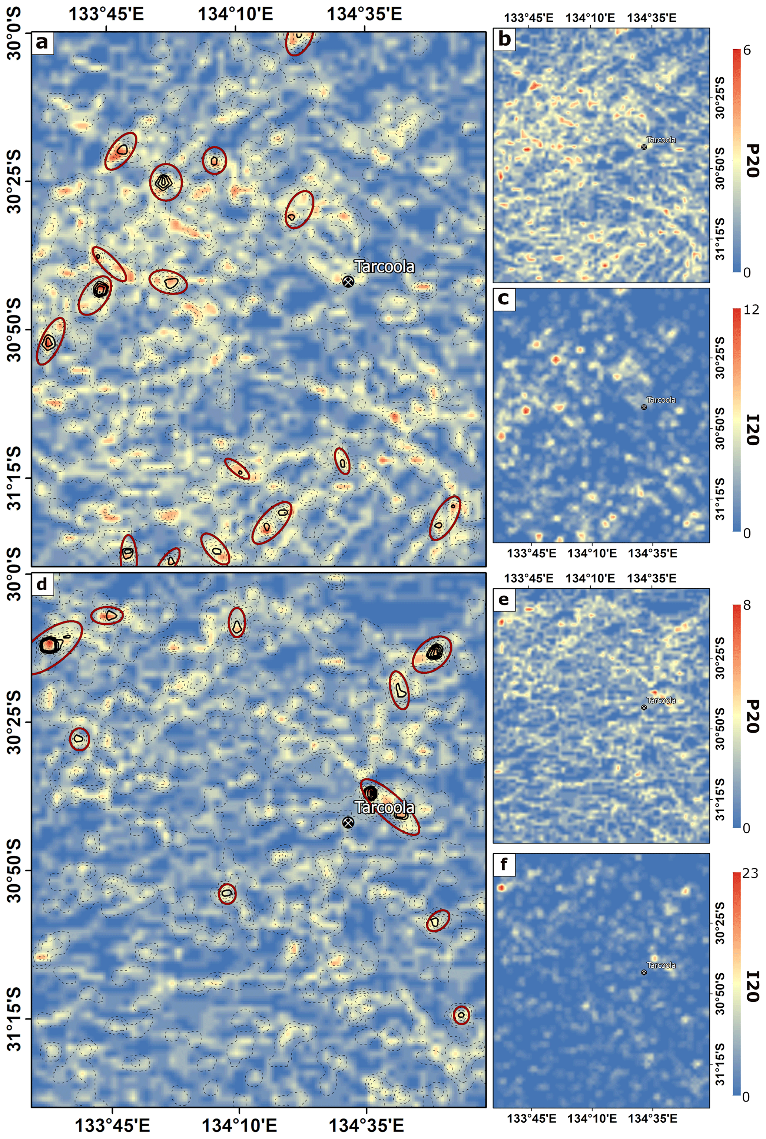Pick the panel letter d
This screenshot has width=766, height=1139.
coord(42,584)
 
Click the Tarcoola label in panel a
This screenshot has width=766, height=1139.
coord(384,267)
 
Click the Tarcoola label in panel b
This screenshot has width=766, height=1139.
coord(661,140)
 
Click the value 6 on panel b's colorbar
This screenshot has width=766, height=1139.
coord(746,51)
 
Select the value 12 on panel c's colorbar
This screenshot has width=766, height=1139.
coord(751,310)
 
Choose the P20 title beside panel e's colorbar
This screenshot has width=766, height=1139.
coord(753,716)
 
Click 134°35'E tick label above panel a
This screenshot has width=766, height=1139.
coord(364,14)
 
